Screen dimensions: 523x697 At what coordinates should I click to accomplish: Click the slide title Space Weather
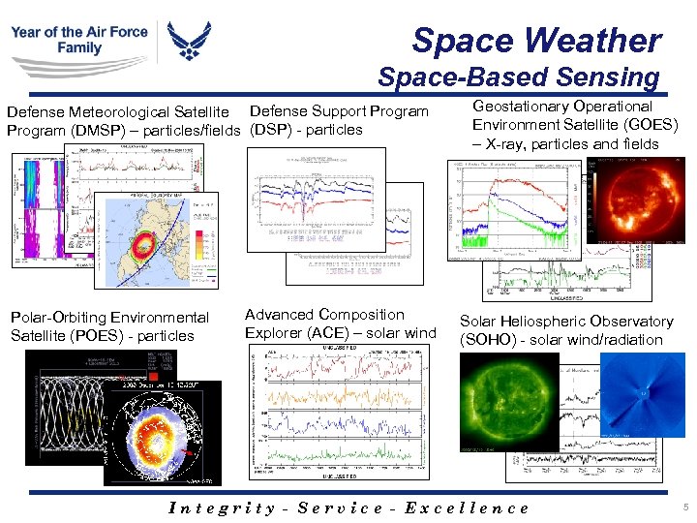click(536, 41)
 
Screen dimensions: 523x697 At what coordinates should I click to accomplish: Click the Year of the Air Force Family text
click(79, 40)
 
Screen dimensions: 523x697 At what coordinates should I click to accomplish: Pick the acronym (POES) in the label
click(88, 336)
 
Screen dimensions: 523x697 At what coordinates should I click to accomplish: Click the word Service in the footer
click(340, 508)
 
